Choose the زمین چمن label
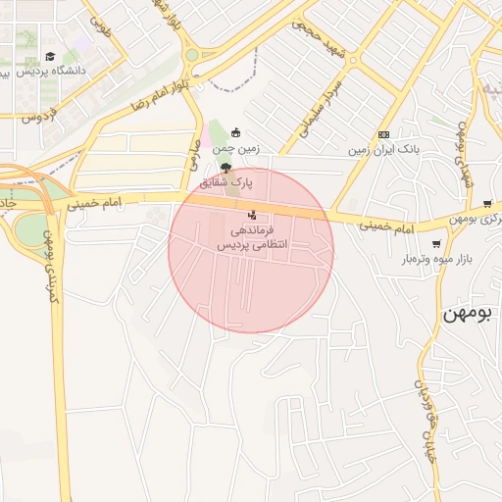(234, 149)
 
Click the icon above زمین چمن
(234, 133)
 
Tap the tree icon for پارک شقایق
(226, 169)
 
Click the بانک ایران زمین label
(384, 150)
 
